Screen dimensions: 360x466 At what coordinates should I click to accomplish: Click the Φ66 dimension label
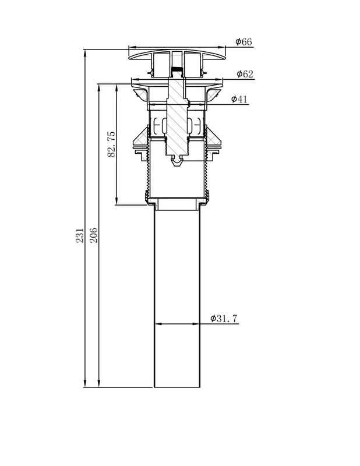(x=243, y=41)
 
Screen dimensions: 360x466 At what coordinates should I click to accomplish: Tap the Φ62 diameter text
(x=245, y=74)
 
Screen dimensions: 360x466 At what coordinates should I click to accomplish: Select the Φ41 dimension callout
(x=239, y=98)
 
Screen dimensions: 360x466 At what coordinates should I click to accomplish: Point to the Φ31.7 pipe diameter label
(x=224, y=318)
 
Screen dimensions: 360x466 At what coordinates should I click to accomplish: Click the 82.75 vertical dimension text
(x=111, y=144)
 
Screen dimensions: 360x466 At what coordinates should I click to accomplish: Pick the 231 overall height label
(x=80, y=235)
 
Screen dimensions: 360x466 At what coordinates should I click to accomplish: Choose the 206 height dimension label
(x=93, y=235)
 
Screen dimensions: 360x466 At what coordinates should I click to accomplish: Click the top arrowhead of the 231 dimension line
(x=85, y=54)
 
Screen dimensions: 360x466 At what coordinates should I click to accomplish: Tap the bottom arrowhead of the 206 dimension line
(x=99, y=383)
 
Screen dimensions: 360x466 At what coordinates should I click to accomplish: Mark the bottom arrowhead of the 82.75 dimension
(x=117, y=201)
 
